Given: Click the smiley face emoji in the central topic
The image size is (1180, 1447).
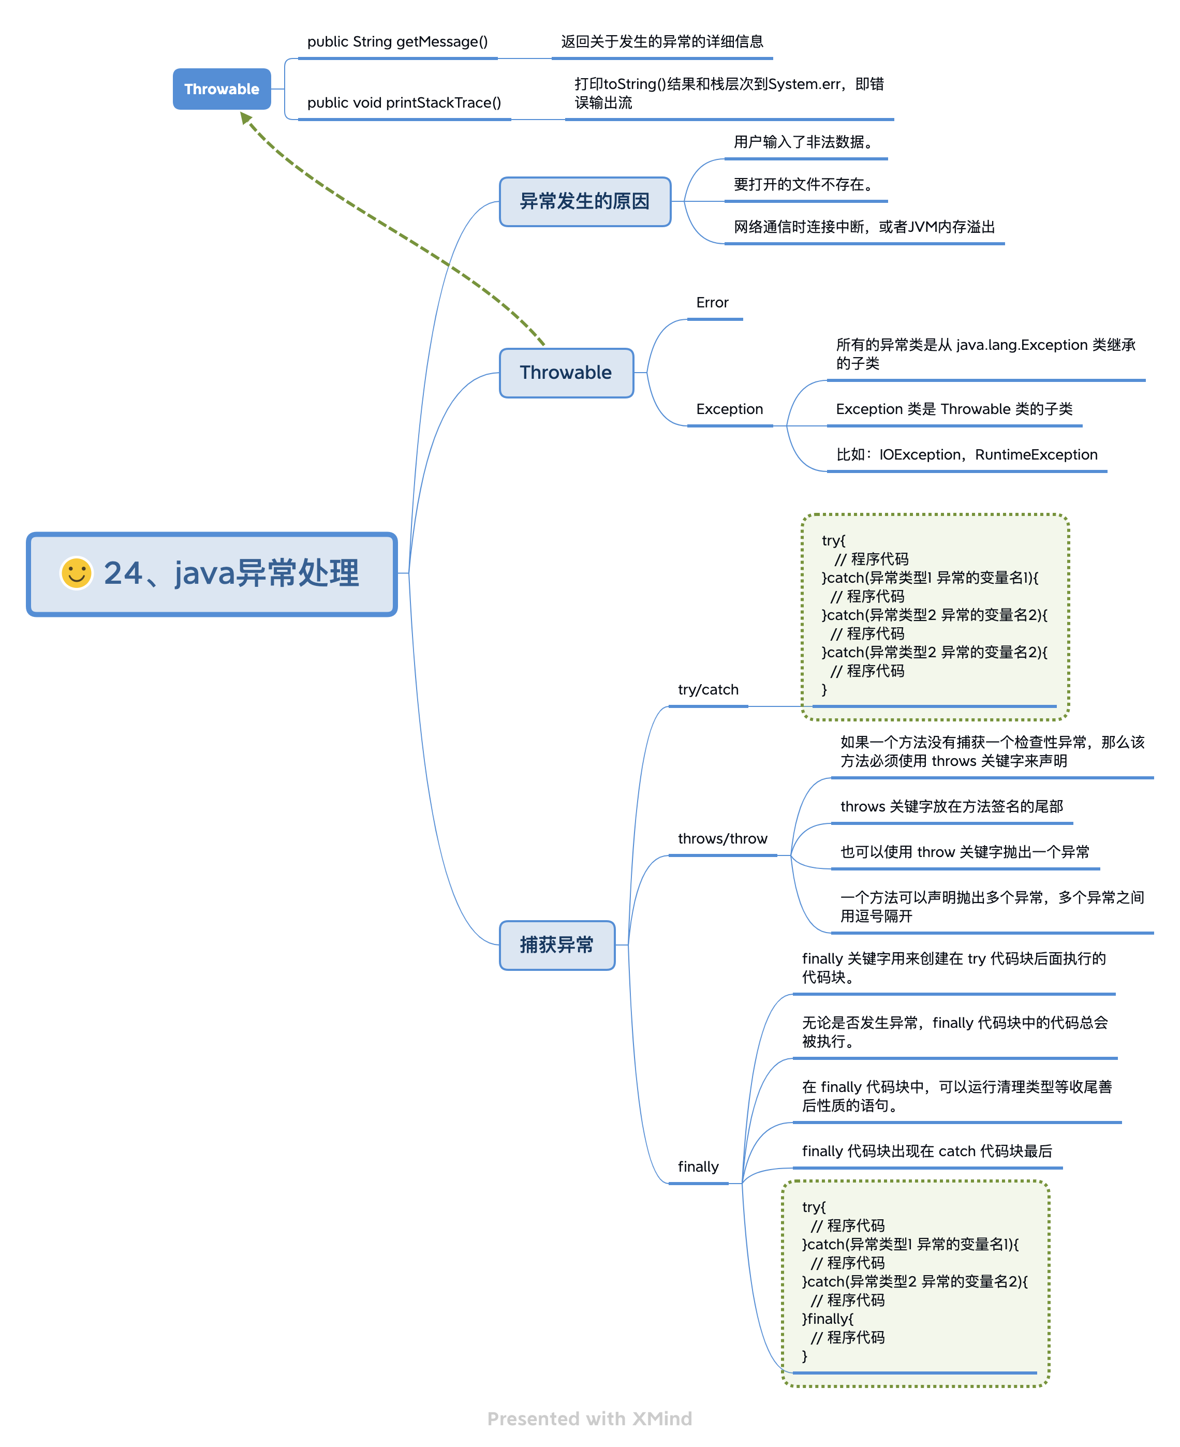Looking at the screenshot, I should click(x=76, y=573).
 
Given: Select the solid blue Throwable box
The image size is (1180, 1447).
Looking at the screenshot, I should click(x=222, y=89).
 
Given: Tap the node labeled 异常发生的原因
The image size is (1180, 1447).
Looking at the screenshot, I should click(x=584, y=201).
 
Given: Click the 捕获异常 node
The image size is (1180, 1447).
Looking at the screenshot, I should click(x=557, y=944).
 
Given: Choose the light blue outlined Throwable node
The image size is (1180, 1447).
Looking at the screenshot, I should click(x=566, y=373).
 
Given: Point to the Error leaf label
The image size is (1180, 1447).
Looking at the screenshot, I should click(x=712, y=302).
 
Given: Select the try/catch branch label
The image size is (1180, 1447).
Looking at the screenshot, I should click(x=707, y=689).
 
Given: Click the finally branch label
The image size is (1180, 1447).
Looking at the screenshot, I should click(x=698, y=1167).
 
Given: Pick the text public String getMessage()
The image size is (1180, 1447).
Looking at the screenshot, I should click(x=397, y=41).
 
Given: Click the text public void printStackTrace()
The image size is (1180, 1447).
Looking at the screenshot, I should click(x=404, y=102).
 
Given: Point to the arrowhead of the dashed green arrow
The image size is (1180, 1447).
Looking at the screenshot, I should click(x=245, y=119).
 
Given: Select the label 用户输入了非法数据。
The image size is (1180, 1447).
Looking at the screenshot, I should click(x=803, y=142).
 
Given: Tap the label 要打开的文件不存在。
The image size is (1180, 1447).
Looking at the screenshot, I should click(x=803, y=184).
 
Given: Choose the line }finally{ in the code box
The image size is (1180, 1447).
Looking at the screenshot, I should click(x=827, y=1319).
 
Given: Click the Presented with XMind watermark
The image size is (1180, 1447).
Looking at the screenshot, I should click(x=589, y=1419).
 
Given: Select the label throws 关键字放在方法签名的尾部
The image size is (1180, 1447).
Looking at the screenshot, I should click(x=951, y=806).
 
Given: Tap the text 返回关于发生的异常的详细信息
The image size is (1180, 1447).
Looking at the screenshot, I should click(x=661, y=41).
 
